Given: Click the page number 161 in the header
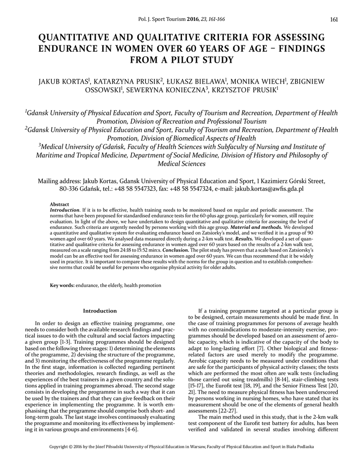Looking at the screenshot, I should coord(335,20).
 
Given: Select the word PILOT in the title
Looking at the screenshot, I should coord(185,59).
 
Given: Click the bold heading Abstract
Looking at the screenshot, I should coord(59,205).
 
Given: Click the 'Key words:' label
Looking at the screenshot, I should coord(62,285).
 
